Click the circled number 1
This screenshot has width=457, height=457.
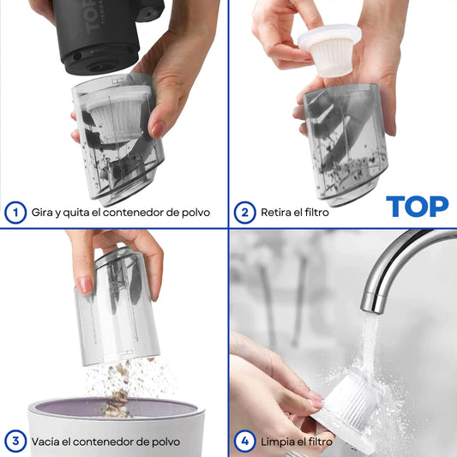click(x=15, y=213)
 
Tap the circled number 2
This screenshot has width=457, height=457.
click(x=245, y=213)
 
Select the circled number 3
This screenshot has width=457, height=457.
click(x=15, y=442)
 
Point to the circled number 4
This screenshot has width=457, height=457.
click(x=245, y=442)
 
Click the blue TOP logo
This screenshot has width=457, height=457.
click(x=417, y=207)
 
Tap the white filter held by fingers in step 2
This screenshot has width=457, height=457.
click(x=329, y=50)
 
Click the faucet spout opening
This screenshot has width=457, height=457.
click(x=371, y=309)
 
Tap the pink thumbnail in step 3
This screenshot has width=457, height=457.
click(x=86, y=285)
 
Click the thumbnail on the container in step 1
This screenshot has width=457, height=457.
click(x=158, y=129)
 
